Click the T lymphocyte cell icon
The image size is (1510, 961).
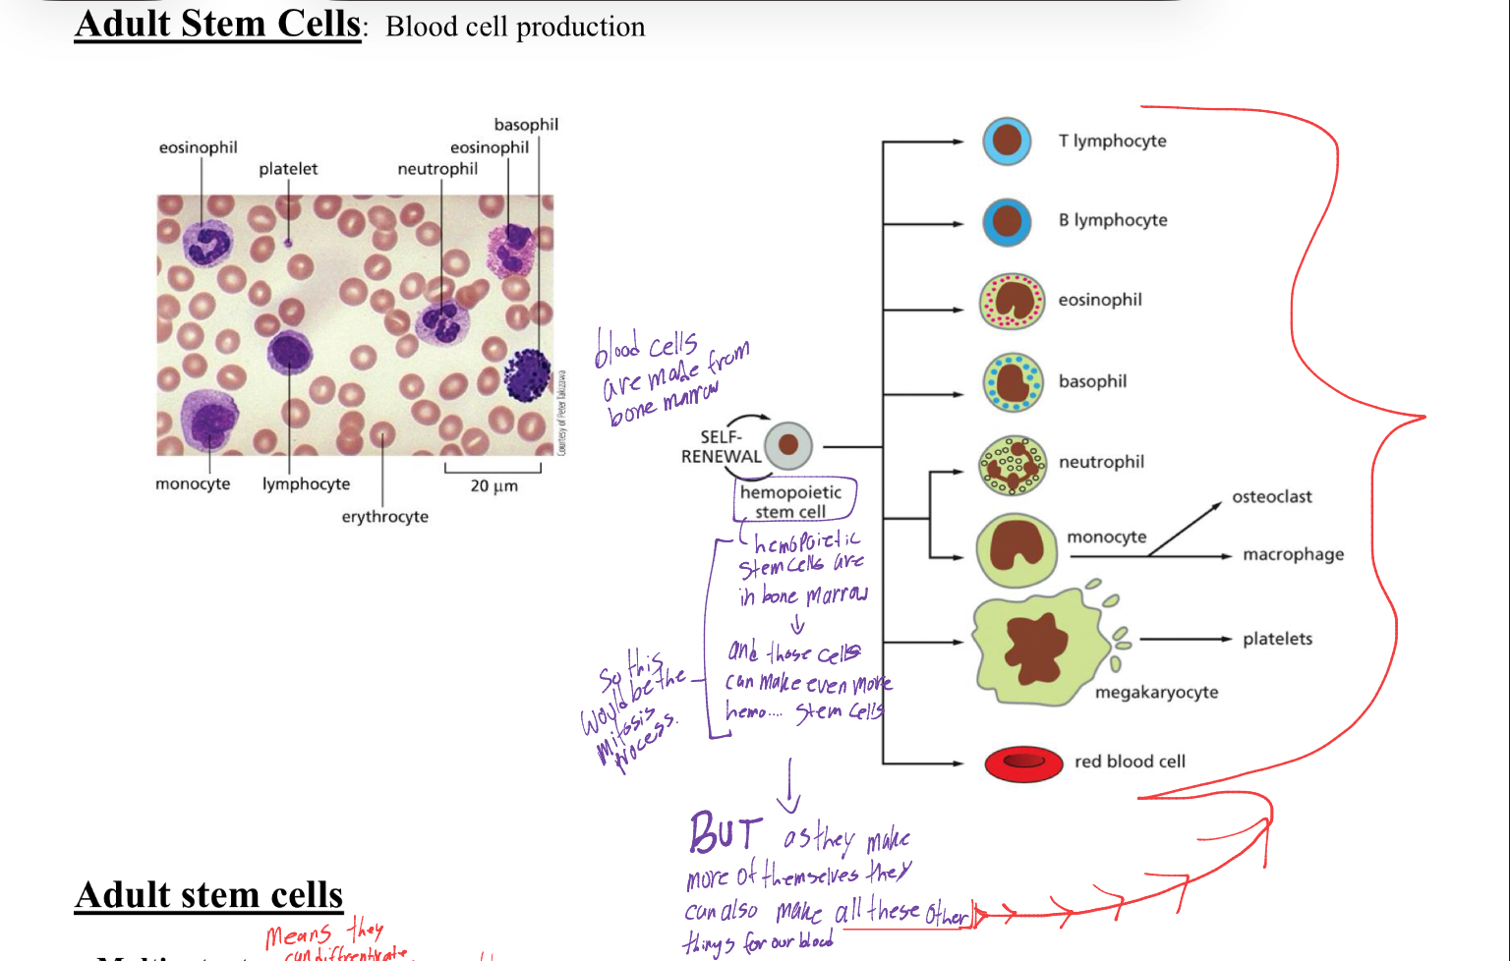[1007, 141]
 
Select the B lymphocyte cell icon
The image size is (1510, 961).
[1007, 221]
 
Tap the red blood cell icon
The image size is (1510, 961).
[1023, 763]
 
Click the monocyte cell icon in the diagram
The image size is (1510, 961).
[1016, 550]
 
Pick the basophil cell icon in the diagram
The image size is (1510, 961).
[1013, 382]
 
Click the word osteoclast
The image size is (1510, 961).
[1271, 497]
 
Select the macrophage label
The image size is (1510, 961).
[1293, 554]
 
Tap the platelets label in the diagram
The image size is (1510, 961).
[1277, 639]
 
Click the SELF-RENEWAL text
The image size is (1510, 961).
[721, 447]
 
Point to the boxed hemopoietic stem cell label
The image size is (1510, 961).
[791, 501]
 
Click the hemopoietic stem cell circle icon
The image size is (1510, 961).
[787, 445]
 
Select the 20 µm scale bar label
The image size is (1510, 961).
[494, 485]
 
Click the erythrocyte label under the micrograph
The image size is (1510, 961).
[384, 517]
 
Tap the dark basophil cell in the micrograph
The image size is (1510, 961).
[528, 375]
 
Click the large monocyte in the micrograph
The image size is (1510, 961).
[208, 421]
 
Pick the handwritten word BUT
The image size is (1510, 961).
[726, 833]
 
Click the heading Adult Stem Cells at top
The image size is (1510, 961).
[218, 24]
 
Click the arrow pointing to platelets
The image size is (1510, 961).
[1185, 640]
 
